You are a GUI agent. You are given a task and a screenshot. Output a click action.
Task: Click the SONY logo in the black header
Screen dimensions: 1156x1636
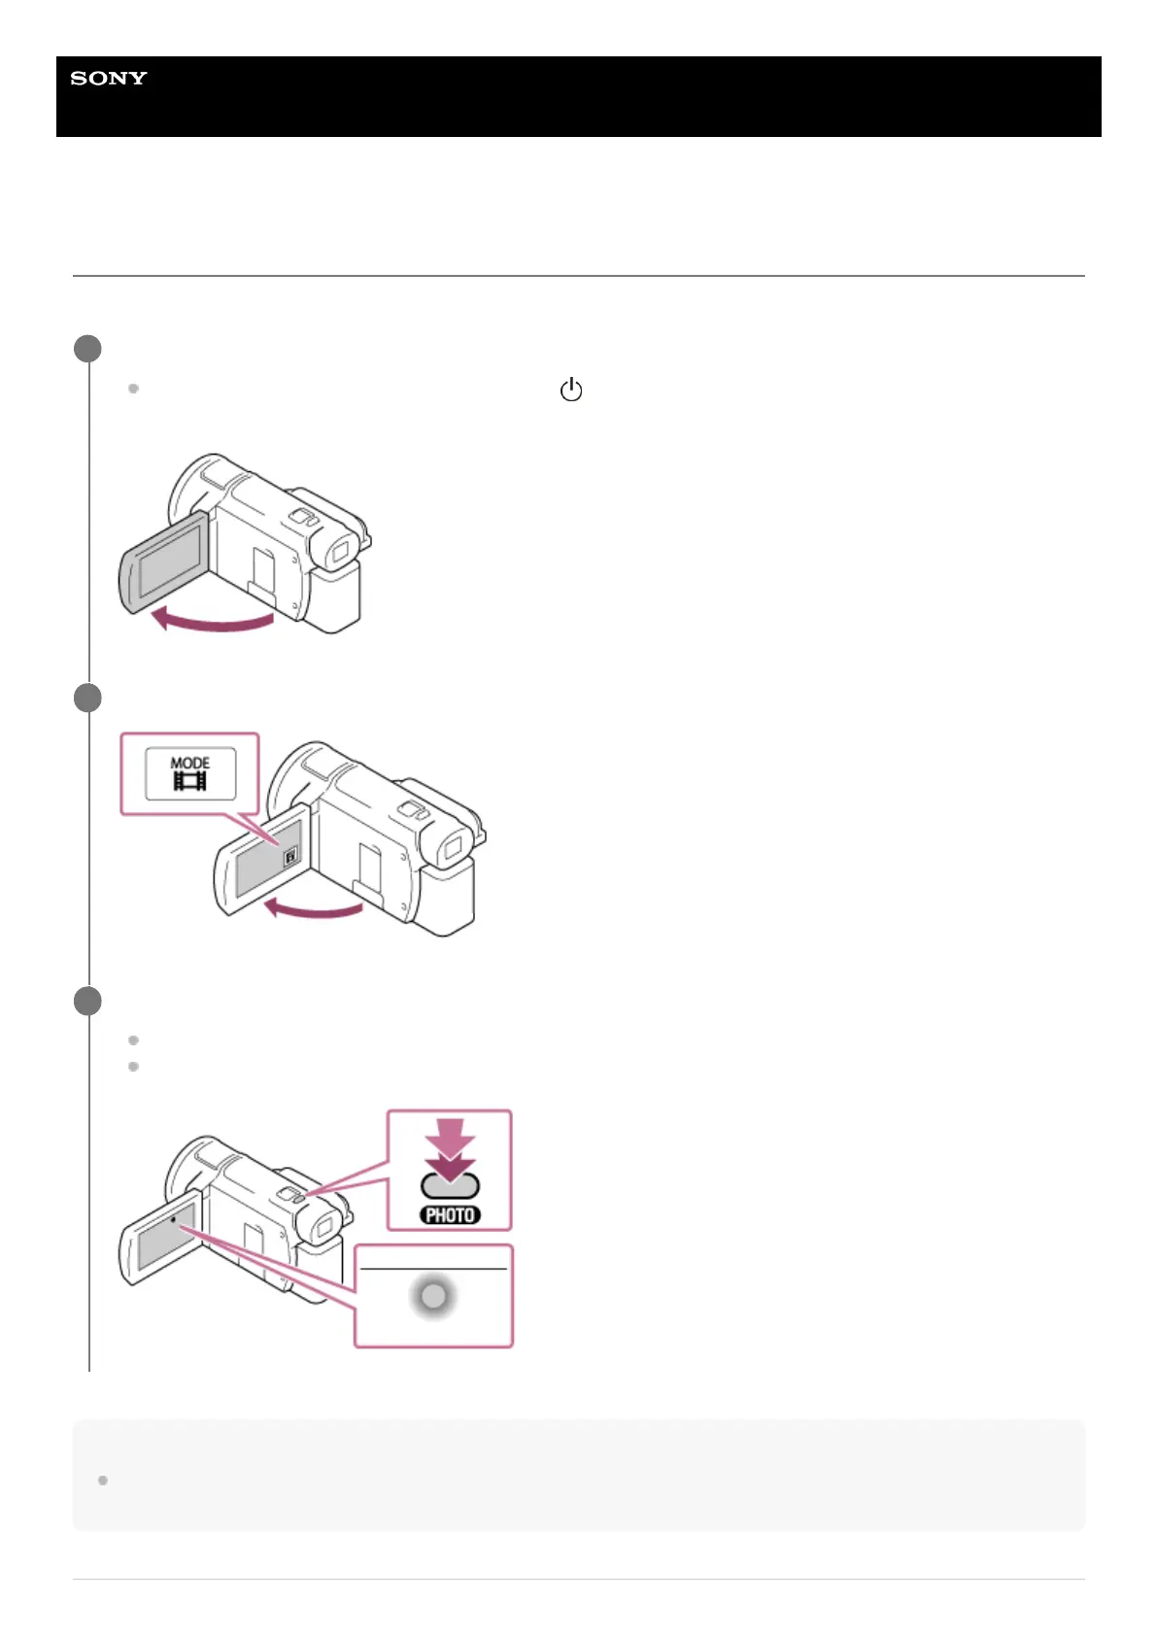pos(108,78)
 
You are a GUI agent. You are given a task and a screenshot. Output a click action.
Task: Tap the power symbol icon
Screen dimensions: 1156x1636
pos(570,390)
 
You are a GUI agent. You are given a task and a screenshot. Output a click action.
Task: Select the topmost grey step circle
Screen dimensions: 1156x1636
pos(87,349)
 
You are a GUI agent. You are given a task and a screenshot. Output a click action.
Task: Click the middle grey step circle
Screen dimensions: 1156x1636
pos(87,698)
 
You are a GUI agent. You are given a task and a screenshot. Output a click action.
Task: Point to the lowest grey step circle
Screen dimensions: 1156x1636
pos(87,1001)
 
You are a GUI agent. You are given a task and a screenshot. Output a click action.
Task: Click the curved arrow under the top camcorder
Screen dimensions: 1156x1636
pos(215,620)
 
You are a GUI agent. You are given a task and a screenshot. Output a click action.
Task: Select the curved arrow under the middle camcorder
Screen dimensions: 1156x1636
pos(313,908)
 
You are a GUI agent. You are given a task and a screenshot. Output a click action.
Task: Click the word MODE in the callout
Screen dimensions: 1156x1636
pos(190,763)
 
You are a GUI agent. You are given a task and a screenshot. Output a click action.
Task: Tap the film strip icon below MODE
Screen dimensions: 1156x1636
pos(190,781)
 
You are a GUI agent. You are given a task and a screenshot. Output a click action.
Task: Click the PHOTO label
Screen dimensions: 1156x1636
pos(450,1214)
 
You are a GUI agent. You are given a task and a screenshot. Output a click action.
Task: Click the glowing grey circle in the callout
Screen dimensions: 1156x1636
pos(433,1296)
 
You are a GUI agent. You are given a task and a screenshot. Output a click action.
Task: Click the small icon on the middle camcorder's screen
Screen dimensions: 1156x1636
pos(289,858)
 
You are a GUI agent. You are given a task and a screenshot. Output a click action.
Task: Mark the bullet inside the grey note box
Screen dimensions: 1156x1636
pos(103,1480)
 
